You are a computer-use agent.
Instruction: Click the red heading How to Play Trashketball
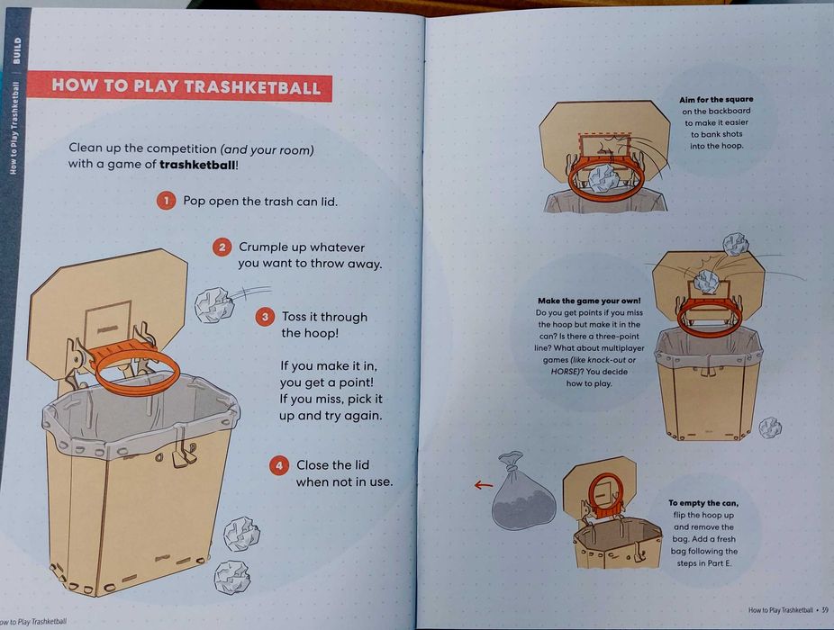point(186,86)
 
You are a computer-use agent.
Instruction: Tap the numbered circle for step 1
point(165,201)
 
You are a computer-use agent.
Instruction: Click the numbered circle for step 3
point(265,317)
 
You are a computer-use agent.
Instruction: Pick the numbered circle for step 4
point(280,465)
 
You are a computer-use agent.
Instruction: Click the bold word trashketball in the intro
point(196,165)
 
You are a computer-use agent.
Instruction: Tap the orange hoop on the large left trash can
point(135,369)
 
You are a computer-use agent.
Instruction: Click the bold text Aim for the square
point(716,99)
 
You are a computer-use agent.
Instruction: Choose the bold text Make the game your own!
point(583,301)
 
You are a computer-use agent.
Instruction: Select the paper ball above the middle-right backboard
point(736,243)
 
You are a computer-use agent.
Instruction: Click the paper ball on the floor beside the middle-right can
point(770,427)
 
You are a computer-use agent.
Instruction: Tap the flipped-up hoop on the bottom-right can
point(603,491)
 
